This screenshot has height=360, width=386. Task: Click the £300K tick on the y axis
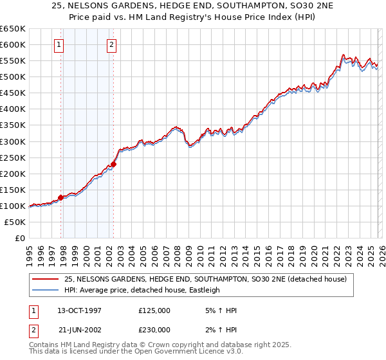[x=12, y=141]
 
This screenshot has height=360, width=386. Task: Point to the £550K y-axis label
[x=12, y=61]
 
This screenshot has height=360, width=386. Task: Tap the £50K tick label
[x=15, y=222]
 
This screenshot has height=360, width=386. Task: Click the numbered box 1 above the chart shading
[x=59, y=44]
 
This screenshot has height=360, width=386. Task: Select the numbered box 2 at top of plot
[x=111, y=44]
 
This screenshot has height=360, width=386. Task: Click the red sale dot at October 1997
[x=61, y=197]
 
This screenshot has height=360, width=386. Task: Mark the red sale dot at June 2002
[x=114, y=164]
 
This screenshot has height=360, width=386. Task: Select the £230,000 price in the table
[x=154, y=328]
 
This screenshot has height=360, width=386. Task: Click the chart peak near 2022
[x=344, y=55]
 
